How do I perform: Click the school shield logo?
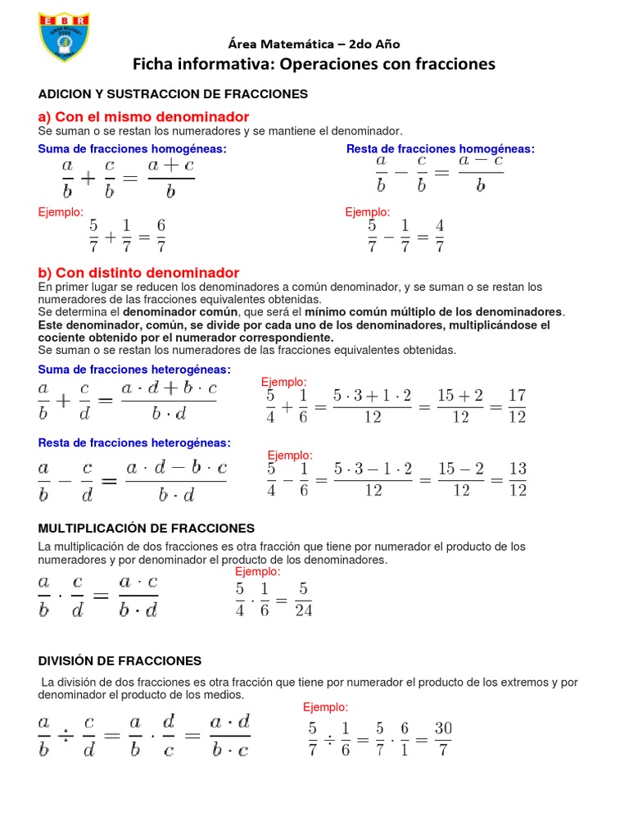point(65,36)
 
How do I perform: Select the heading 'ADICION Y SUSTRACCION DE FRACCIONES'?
point(173,94)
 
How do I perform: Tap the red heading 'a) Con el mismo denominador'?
point(144,117)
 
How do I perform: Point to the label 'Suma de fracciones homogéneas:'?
point(133,148)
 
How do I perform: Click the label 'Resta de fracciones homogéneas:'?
point(441,148)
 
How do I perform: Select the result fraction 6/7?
point(161,235)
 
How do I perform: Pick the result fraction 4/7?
point(440,235)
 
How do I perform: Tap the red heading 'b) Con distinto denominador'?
point(139,272)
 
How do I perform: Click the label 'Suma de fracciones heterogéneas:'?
point(135,370)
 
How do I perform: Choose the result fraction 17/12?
point(517,406)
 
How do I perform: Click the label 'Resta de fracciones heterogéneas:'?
point(135,442)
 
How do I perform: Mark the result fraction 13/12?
point(517,479)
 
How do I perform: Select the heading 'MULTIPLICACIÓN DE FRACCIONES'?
point(147,528)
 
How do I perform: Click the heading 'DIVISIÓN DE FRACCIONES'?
point(120,660)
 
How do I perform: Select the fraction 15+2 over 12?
point(460,406)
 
